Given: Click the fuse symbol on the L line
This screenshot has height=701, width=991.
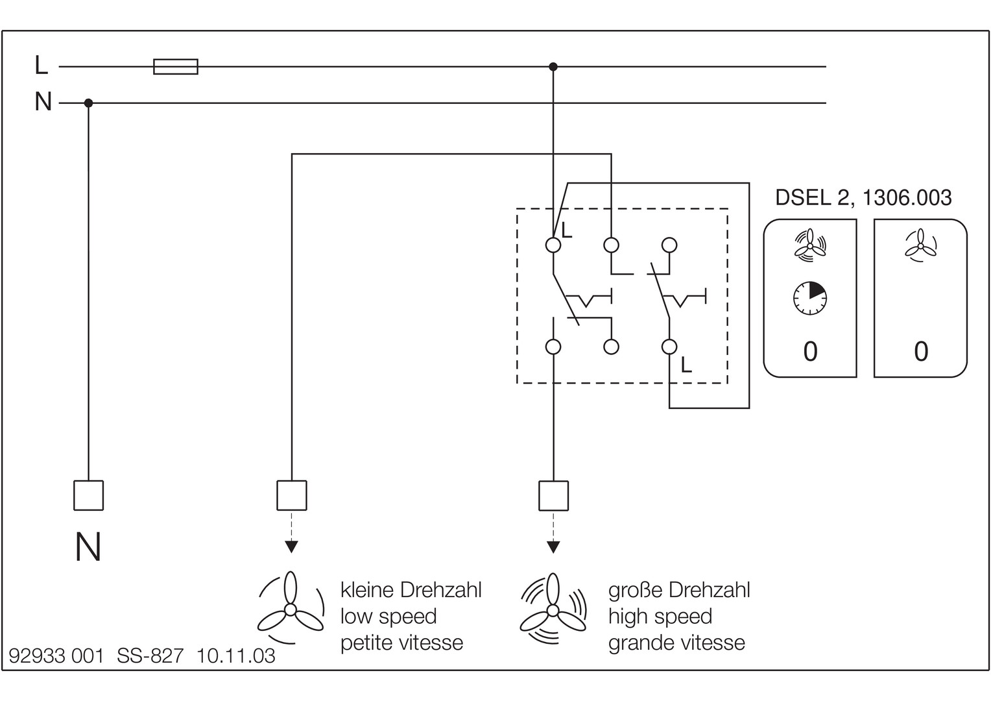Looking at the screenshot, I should click(175, 66).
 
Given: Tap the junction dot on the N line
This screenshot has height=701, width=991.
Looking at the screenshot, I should click(89, 103).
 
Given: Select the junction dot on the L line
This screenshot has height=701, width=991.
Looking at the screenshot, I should click(553, 67).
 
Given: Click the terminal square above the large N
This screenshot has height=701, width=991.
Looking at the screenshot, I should click(88, 495).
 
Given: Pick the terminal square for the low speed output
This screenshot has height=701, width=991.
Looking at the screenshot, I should click(292, 495).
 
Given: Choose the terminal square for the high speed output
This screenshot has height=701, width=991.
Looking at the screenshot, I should click(553, 495).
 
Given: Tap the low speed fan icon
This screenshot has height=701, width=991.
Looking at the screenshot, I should click(291, 608).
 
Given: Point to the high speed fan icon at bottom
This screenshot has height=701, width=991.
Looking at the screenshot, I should click(553, 609).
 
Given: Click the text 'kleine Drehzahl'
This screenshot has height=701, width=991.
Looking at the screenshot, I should click(411, 590).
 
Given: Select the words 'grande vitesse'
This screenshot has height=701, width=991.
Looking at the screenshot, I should click(676, 643).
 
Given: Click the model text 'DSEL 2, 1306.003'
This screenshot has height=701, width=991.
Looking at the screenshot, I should click(863, 197).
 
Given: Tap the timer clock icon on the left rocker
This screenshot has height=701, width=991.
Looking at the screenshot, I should click(810, 299).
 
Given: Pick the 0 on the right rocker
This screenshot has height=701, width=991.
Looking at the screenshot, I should click(921, 352).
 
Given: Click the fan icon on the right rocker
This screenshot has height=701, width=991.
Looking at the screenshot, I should click(920, 246).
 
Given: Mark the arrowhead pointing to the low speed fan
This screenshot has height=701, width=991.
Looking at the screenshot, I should click(292, 547).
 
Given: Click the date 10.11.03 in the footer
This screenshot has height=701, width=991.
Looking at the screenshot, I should click(236, 656).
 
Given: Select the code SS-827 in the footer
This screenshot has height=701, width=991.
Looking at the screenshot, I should click(150, 656).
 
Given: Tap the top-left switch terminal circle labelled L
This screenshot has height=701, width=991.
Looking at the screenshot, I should click(553, 245).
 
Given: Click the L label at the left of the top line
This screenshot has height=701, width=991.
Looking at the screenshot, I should click(42, 65).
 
